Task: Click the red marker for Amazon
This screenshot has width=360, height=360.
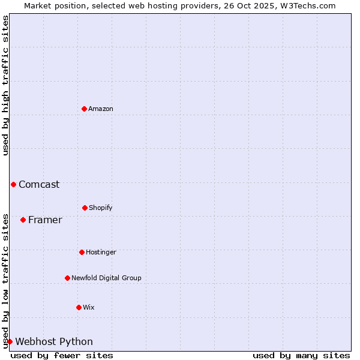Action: point(84,109)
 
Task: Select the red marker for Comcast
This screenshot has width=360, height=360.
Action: point(13,184)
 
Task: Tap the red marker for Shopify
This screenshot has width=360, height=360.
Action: point(85,208)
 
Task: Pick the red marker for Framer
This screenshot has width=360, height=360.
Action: point(23,220)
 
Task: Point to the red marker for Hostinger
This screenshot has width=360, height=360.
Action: point(82,252)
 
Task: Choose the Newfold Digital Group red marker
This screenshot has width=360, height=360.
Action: point(67,278)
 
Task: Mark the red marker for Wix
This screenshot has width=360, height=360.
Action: point(79,307)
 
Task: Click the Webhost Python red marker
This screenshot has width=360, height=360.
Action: point(10,341)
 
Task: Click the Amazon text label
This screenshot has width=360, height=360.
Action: point(101,109)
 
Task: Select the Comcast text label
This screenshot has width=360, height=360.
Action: point(39,184)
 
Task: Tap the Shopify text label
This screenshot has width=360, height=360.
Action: point(101,208)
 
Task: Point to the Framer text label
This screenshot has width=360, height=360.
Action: point(45,220)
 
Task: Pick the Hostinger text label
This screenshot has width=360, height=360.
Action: point(101,252)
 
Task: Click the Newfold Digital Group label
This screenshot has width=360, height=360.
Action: point(106,278)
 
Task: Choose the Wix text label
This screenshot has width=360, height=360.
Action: point(89,307)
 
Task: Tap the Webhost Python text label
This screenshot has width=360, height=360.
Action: point(54,341)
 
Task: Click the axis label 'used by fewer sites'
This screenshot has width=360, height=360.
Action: point(62,355)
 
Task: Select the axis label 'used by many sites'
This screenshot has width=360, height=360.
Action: point(301,355)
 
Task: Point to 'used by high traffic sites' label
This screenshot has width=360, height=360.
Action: point(5,85)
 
